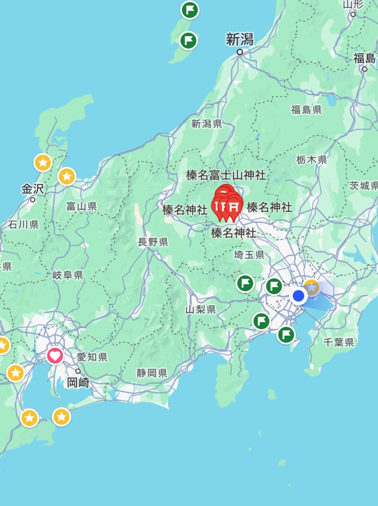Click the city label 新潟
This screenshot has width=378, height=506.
(240, 40)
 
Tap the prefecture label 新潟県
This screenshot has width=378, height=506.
(207, 124)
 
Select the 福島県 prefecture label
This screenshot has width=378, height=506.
(306, 109)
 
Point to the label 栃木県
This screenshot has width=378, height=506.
(311, 160)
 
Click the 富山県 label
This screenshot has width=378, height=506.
(81, 207)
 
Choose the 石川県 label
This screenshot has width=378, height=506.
(23, 225)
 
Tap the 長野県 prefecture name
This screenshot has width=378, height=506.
(153, 242)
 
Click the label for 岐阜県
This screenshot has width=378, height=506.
(68, 275)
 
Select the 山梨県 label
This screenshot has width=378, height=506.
(200, 309)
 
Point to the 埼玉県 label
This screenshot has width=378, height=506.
(249, 255)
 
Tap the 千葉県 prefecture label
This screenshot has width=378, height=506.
(338, 342)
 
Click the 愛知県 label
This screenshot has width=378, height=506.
(92, 357)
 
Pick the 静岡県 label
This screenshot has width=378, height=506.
(152, 373)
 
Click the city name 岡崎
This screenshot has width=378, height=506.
(78, 383)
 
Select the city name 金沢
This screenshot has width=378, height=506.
(32, 189)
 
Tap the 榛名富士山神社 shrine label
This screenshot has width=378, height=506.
(226, 175)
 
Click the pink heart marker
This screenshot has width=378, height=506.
(55, 356)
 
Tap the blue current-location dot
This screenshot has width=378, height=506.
(299, 295)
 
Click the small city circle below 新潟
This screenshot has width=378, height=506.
(240, 52)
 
